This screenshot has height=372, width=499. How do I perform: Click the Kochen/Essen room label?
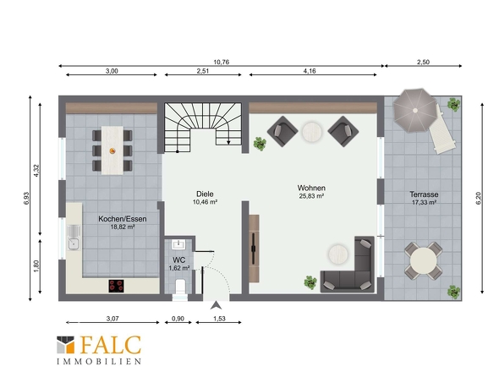(123, 219)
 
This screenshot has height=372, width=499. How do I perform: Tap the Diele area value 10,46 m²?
(205, 202)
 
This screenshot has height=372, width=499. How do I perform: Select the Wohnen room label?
(311, 188)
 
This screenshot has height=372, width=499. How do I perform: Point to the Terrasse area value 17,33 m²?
(424, 202)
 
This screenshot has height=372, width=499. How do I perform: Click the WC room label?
(178, 260)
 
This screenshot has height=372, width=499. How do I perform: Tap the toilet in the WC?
(180, 287)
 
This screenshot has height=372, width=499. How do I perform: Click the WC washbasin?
(178, 244)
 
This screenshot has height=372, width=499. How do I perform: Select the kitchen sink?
(74, 238)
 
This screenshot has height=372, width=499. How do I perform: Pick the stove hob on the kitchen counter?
(116, 286)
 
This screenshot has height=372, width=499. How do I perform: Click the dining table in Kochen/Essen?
(112, 150)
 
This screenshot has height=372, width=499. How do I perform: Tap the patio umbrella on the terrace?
(414, 111)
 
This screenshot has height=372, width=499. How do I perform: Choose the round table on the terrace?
(423, 261)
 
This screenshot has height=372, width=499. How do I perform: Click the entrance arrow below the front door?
(216, 305)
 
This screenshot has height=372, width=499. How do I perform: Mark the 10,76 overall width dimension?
(222, 62)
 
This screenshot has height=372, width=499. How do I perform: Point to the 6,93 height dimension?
(26, 198)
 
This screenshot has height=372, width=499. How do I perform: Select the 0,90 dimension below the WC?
(178, 319)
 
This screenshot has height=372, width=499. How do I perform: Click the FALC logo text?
(111, 344)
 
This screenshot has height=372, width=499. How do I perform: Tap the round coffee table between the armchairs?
(312, 132)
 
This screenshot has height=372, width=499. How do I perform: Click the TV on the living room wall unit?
(254, 249)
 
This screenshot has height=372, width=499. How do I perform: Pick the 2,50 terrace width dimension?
(423, 62)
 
